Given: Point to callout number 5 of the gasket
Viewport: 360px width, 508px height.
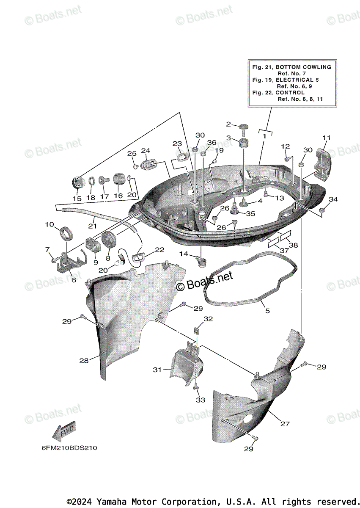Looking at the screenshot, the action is (x=267, y=311).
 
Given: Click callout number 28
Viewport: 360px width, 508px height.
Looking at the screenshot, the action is (x=84, y=361).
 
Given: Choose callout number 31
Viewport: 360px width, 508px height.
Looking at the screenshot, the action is (x=157, y=370).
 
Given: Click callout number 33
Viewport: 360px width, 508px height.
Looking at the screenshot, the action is (x=200, y=400).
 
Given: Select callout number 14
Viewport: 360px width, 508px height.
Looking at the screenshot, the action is (x=184, y=254).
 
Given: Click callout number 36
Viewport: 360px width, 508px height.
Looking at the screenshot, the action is (x=212, y=142).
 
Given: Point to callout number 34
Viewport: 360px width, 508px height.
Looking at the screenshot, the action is (x=333, y=199).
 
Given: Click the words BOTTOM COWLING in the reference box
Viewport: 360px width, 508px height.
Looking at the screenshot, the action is (x=303, y=67).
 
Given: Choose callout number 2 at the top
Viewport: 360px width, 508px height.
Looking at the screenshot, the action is (x=228, y=124).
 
